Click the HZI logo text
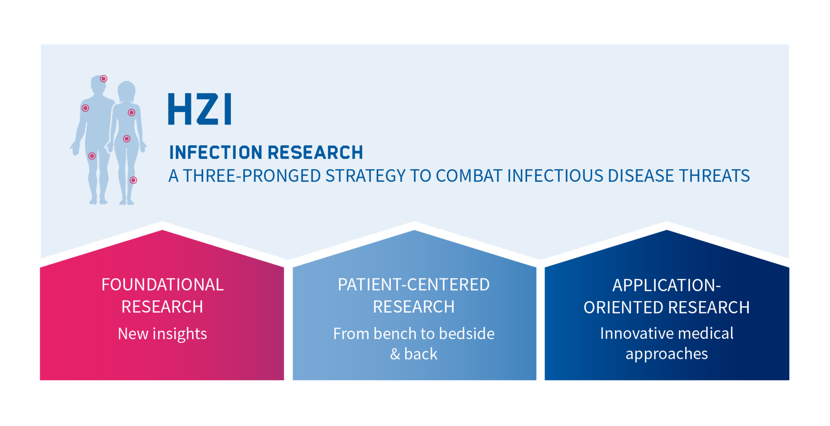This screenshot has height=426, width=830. click(200, 109)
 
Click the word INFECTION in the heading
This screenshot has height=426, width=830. click(216, 153)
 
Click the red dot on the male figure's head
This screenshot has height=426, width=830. click(104, 79)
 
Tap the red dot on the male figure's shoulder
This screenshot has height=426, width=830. click(86, 108)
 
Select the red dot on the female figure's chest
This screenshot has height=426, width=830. click(131, 112)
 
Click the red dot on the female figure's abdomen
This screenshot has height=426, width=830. click(127, 139)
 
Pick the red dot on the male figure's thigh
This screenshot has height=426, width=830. click(92, 156)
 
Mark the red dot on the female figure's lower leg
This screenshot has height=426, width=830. click(133, 180)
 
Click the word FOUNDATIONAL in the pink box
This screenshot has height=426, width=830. click(163, 285)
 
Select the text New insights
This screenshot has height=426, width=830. click(163, 334)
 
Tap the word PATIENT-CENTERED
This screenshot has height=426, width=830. click(414, 285)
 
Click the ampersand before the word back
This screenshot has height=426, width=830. click(395, 354)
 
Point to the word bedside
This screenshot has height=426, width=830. click(467, 334)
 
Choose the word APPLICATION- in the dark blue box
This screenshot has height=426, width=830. click(667, 285)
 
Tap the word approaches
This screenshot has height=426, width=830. click(667, 354)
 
